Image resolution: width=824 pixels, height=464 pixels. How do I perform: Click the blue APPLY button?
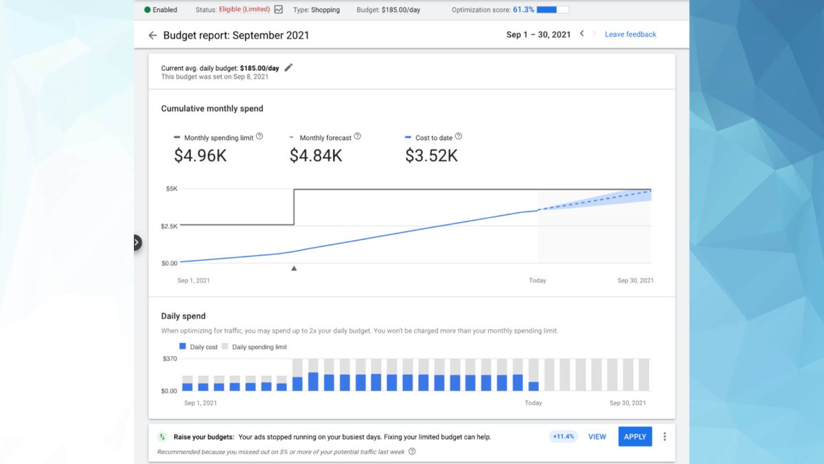[x=635, y=437]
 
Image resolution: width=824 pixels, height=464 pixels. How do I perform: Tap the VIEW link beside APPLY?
[x=597, y=437]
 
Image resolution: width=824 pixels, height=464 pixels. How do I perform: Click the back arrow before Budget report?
[x=152, y=35]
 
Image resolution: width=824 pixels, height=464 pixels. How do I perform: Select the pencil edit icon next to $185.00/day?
[x=288, y=67]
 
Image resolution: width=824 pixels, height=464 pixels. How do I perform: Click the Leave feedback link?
[x=630, y=34]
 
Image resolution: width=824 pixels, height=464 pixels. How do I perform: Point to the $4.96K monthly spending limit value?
[x=200, y=156]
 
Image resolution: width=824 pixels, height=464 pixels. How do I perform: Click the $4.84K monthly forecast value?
[x=315, y=156]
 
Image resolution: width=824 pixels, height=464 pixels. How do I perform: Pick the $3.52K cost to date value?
[x=431, y=156]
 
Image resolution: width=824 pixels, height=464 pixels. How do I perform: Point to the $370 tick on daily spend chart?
[x=170, y=359]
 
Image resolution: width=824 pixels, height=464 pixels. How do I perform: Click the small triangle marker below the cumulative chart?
[x=294, y=269]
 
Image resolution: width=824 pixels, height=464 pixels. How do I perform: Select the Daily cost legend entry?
[x=198, y=347]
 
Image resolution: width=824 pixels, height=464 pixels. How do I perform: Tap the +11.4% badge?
[x=563, y=437]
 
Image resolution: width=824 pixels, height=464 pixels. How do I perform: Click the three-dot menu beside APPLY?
[x=665, y=437]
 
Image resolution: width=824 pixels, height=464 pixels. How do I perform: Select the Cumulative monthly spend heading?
[x=212, y=109]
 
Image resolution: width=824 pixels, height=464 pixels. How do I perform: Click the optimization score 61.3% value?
[x=524, y=10]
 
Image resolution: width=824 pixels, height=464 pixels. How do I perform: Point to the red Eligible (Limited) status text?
[x=244, y=10]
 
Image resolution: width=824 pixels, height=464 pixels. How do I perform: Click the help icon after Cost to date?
[x=459, y=137]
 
